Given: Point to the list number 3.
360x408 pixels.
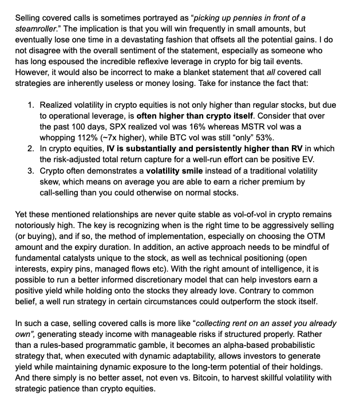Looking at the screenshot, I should (x=30, y=171).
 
